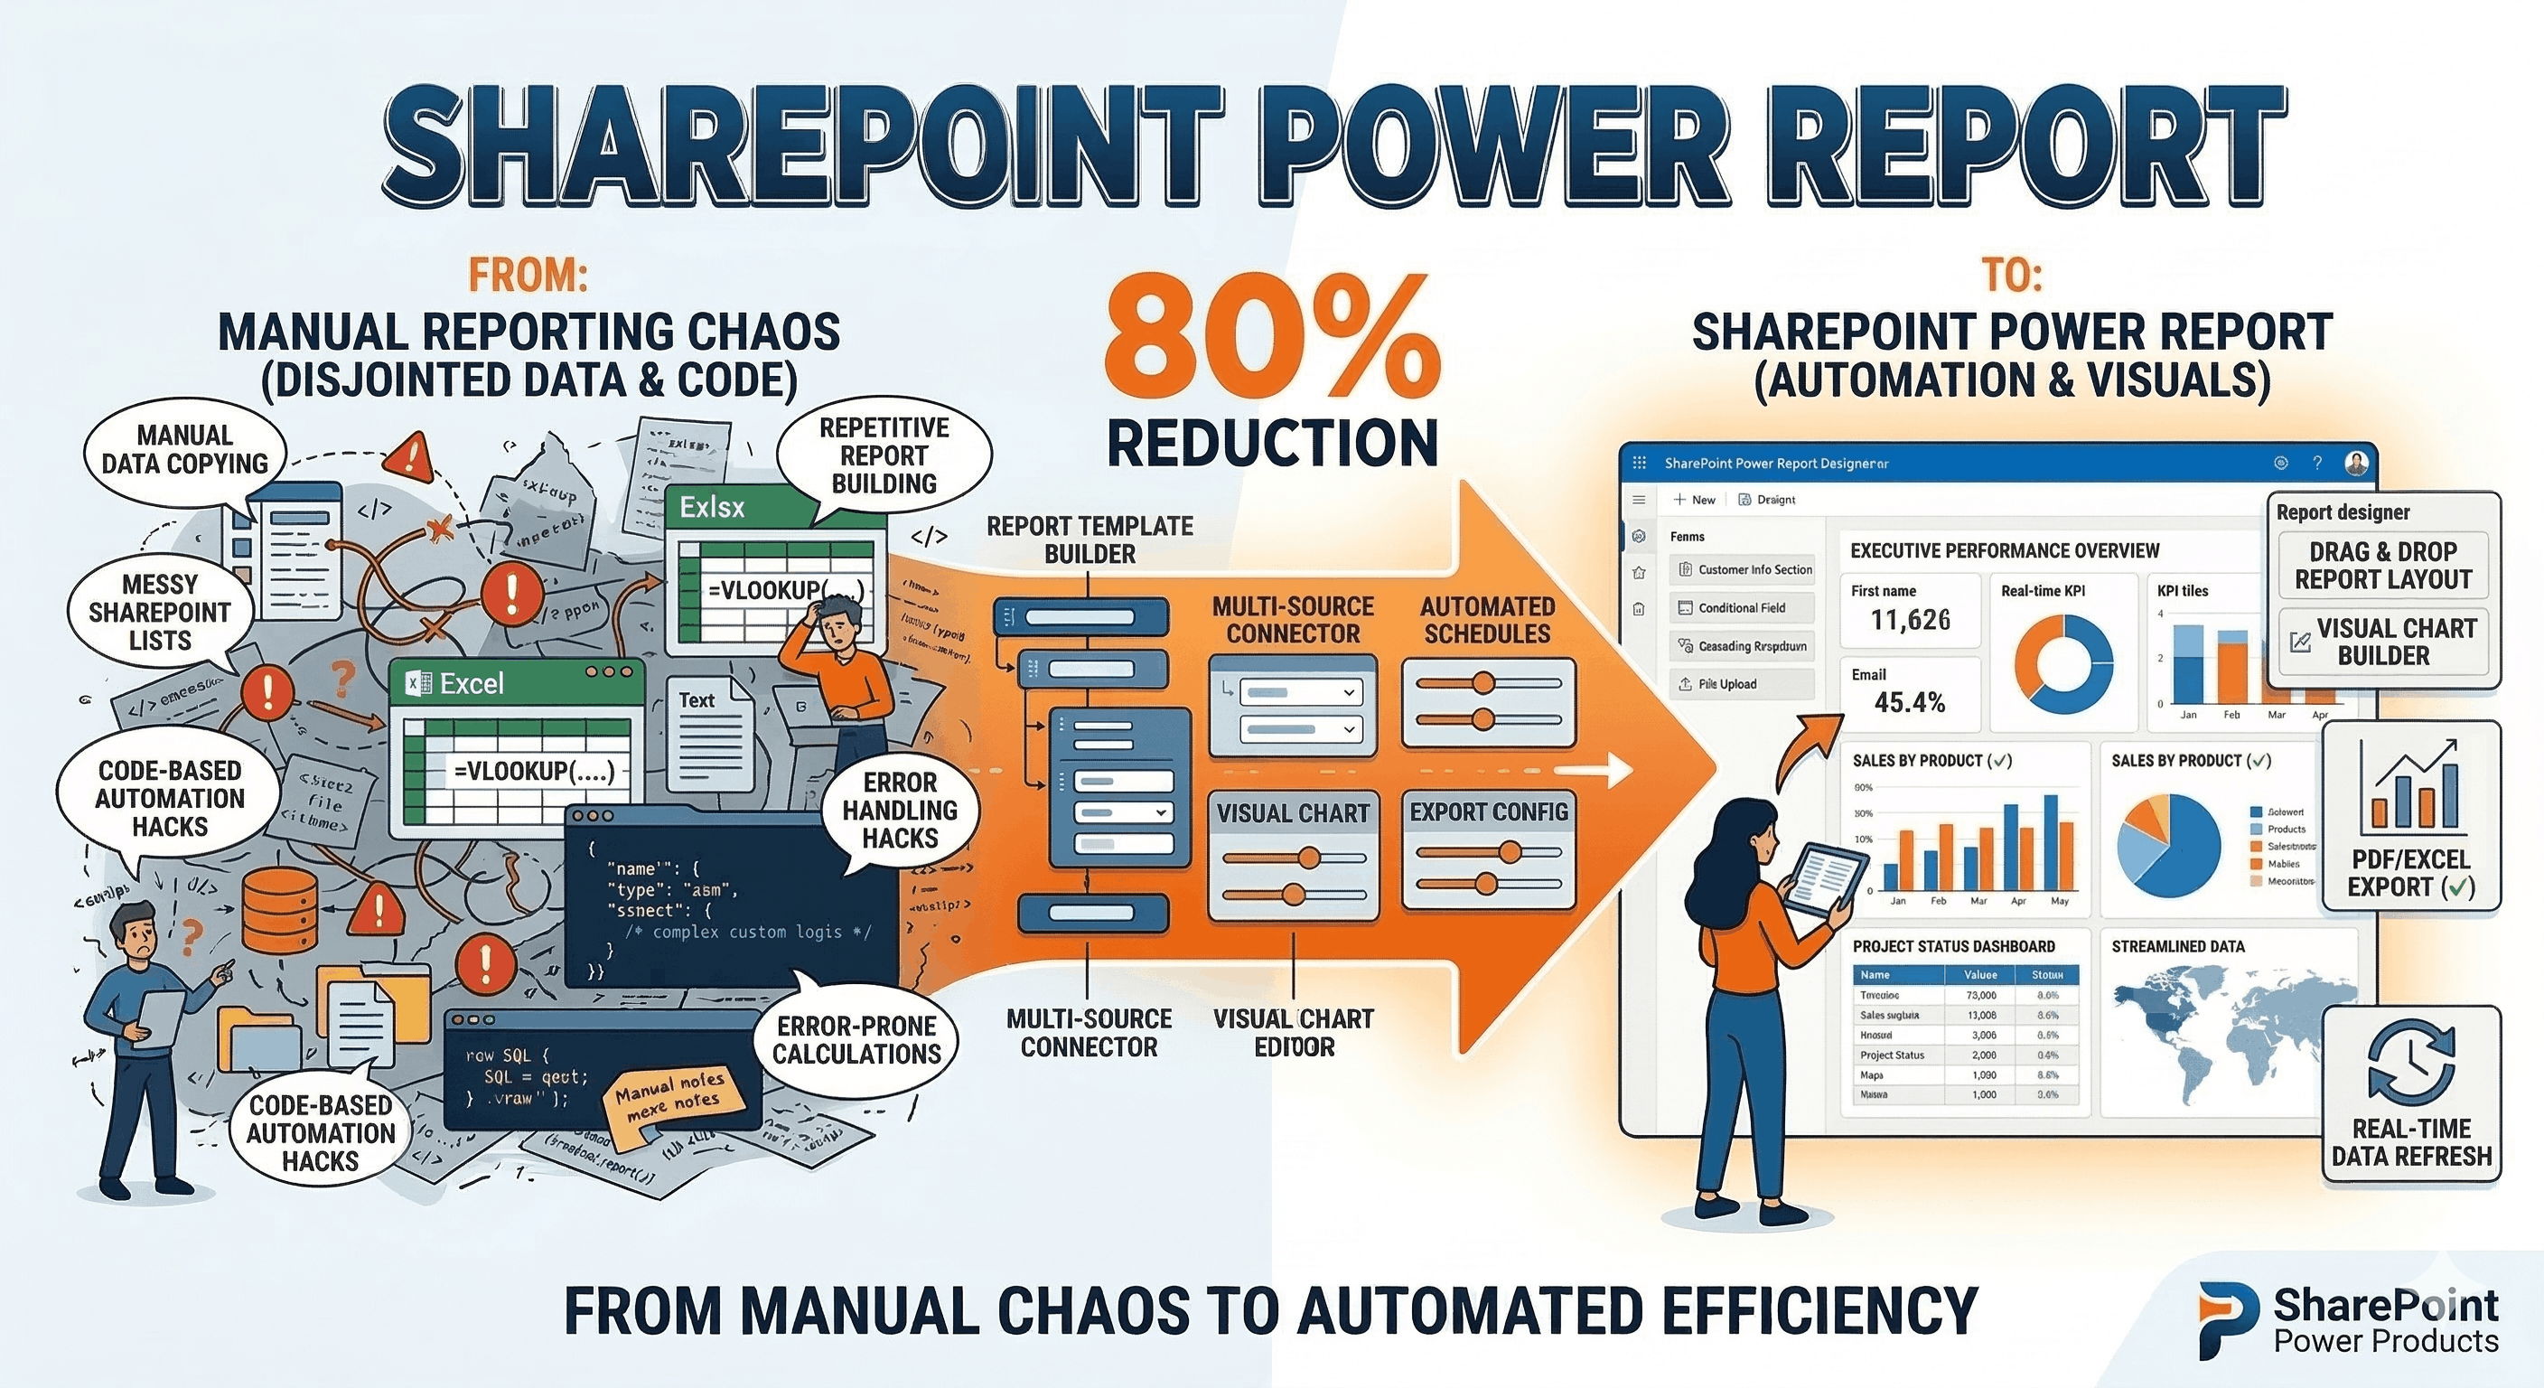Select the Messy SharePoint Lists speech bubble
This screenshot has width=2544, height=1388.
tap(160, 613)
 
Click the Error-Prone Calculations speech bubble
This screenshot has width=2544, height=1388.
tap(856, 1040)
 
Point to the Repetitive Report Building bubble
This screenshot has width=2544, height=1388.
tap(884, 455)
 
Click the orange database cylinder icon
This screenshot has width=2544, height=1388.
tap(279, 909)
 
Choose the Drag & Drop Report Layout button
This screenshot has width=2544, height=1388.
tap(2382, 565)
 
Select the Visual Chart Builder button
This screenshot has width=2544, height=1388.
tap(2382, 642)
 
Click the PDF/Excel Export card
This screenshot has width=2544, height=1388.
tap(2410, 815)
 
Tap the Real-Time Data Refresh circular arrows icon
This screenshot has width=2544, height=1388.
tap(2410, 1062)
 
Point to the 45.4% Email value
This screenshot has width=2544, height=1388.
tap(1909, 702)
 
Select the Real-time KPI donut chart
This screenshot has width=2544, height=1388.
tap(2063, 664)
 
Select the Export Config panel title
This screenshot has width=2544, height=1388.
tap(1488, 812)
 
